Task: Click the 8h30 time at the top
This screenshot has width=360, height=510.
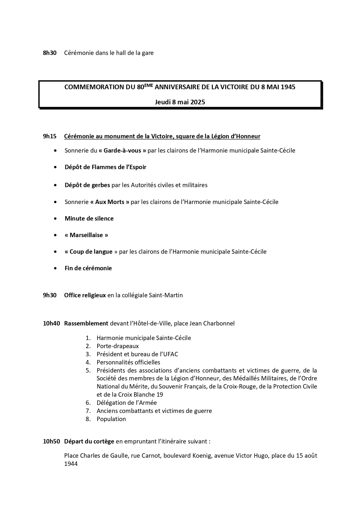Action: pyautogui.click(x=50, y=53)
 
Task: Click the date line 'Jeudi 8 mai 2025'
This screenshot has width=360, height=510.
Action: pyautogui.click(x=180, y=102)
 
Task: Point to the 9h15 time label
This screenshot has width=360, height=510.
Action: pyautogui.click(x=50, y=136)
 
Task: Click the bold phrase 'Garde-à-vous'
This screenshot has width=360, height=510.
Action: pyautogui.click(x=122, y=151)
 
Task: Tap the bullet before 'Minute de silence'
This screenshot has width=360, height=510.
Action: pyautogui.click(x=55, y=219)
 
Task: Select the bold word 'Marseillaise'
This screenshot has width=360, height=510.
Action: pyautogui.click(x=86, y=235)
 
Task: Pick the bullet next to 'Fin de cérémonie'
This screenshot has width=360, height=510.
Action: pyautogui.click(x=55, y=268)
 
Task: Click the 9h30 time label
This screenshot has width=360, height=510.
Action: pyautogui.click(x=50, y=295)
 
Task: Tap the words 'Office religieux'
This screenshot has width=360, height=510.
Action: pyautogui.click(x=85, y=295)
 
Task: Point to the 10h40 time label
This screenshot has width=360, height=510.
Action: pyautogui.click(x=51, y=323)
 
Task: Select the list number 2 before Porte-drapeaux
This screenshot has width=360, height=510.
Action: pyautogui.click(x=88, y=346)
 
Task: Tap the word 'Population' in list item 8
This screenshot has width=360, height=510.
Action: pyautogui.click(x=111, y=419)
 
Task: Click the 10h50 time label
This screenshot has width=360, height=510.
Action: pyautogui.click(x=51, y=441)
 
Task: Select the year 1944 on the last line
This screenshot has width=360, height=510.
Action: pyautogui.click(x=71, y=464)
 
